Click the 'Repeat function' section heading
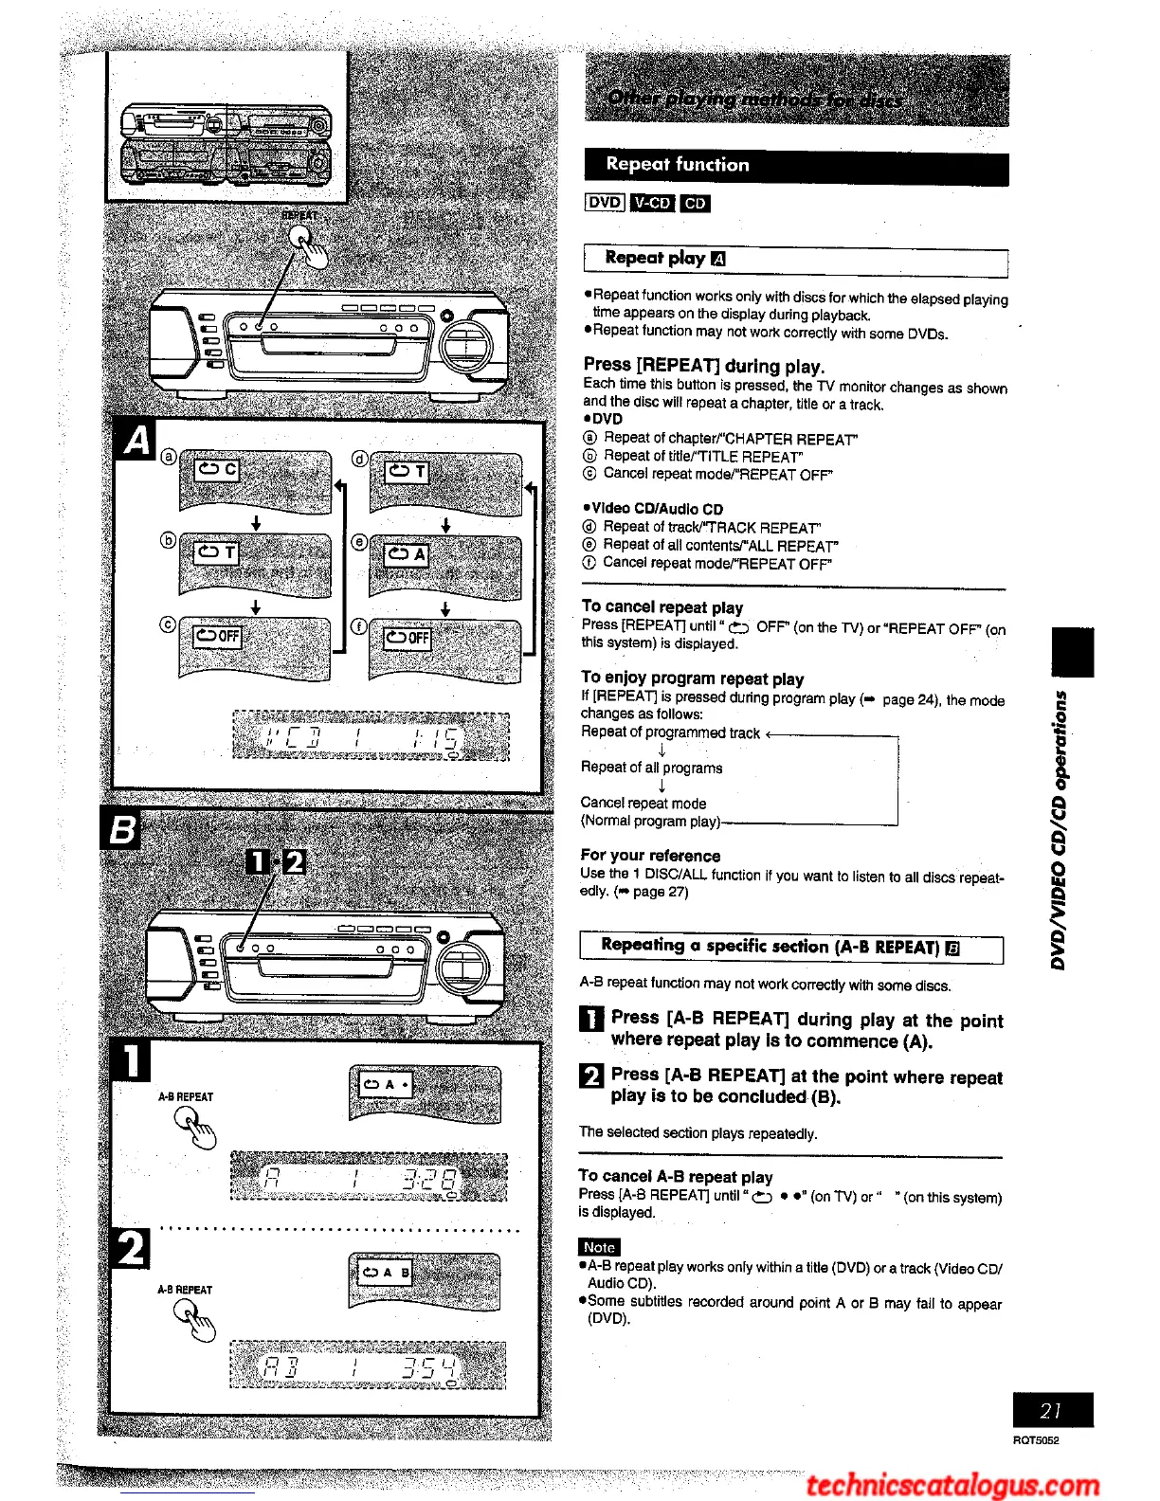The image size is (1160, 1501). click(678, 165)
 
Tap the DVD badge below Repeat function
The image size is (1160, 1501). click(605, 202)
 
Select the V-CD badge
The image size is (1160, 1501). click(652, 203)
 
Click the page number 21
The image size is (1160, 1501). click(1051, 1410)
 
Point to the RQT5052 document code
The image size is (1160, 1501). click(1035, 1440)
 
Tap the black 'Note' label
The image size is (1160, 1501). click(599, 1247)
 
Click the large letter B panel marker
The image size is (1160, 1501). click(121, 831)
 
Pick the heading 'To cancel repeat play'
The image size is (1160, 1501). click(662, 607)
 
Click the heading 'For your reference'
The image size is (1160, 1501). click(650, 856)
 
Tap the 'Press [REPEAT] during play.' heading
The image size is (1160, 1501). click(703, 366)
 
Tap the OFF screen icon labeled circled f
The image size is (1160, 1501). click(444, 649)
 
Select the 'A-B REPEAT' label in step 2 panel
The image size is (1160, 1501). click(185, 1290)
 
